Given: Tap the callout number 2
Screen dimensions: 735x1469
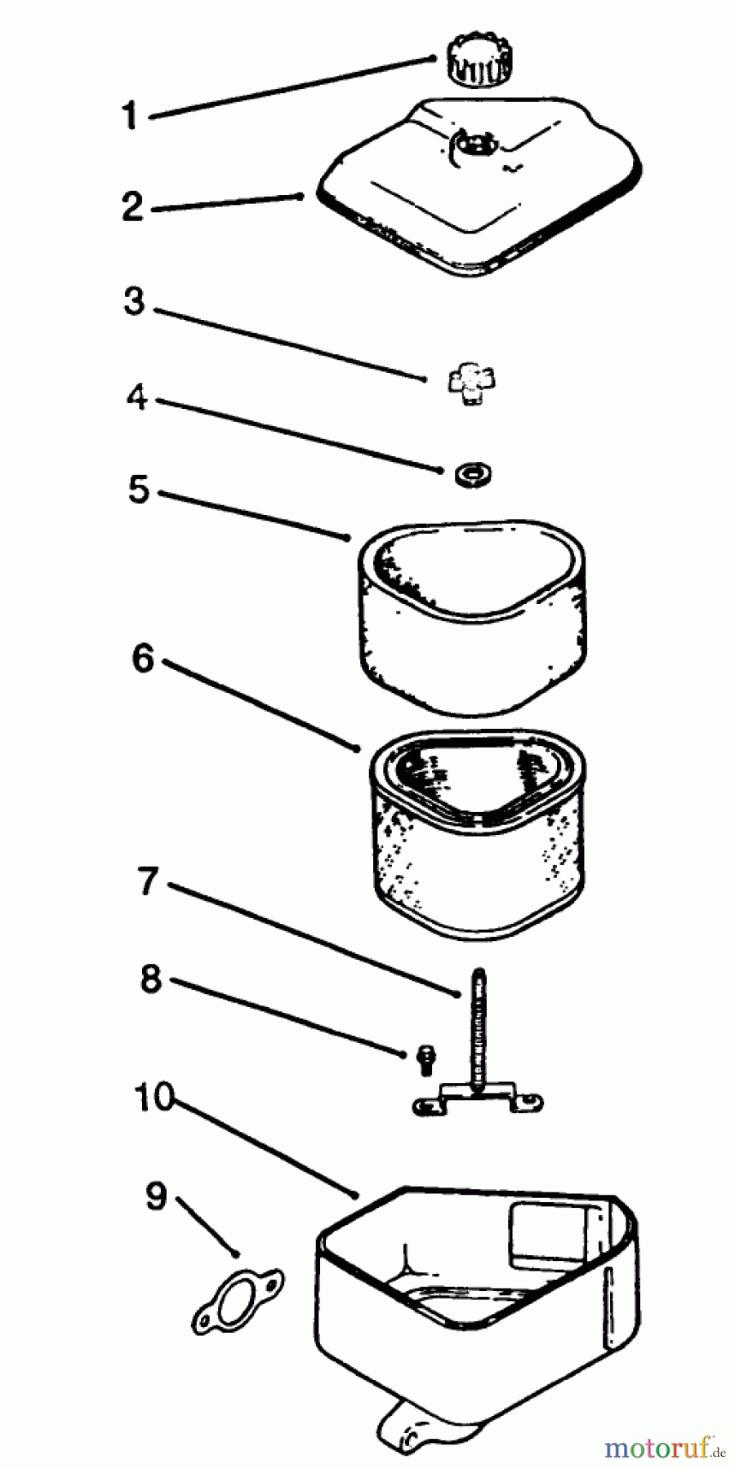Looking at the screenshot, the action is pos(133,206).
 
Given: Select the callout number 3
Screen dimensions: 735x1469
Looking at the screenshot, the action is pos(134,300).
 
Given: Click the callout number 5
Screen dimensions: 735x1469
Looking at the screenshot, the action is pos(139,489).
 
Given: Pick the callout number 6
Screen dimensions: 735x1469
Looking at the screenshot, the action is pos(143,658).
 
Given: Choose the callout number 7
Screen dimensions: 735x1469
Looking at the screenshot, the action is pos(148,881).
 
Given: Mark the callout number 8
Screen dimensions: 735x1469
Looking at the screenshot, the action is pos(151,979).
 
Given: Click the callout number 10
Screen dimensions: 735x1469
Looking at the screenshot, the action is pos(155,1098).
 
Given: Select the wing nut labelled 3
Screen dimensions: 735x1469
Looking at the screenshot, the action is pos(473,384).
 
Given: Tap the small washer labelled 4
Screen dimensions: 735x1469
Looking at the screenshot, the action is pos(474,474).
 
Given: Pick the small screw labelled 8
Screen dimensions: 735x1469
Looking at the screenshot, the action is pos(425,1059).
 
